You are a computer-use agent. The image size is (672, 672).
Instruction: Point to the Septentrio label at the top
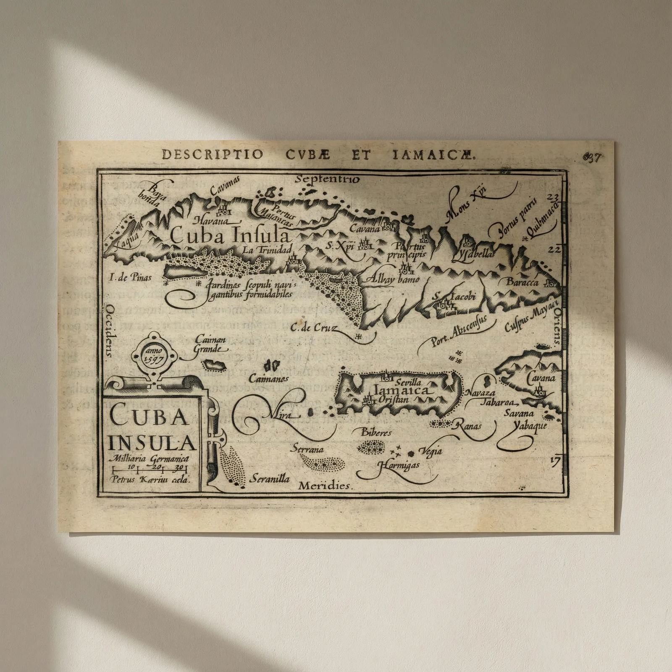coord(327,179)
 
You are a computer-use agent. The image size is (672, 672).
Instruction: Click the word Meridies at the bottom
coord(325,486)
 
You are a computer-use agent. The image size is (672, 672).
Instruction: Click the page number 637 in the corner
coord(593,158)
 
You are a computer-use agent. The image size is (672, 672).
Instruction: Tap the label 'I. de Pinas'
coord(130,277)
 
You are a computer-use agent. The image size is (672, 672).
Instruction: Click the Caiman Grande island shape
coord(214,365)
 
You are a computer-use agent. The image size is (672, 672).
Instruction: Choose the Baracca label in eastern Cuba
coord(522,282)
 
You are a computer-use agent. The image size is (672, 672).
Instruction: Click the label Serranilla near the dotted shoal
coord(270,478)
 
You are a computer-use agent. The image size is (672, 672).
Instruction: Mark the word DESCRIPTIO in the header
coord(213,155)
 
